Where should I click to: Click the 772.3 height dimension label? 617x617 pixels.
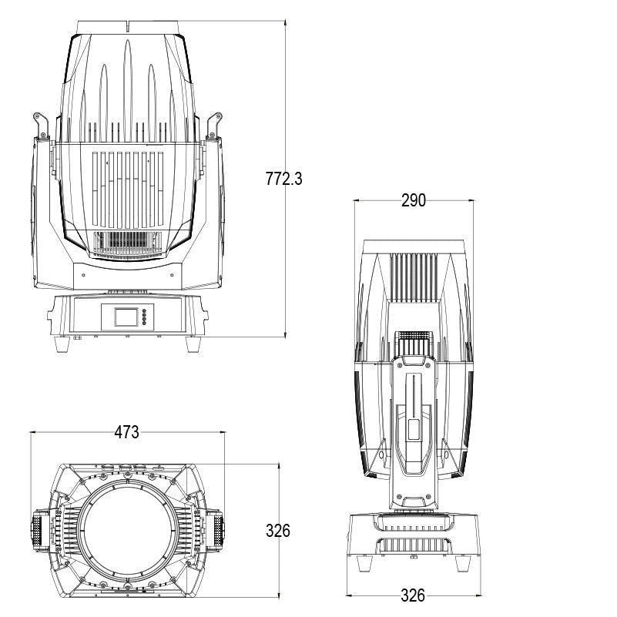[x=284, y=179]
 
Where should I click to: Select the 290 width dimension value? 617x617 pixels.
[x=414, y=200]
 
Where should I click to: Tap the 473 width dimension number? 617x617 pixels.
[x=127, y=432]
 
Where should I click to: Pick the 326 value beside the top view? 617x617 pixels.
[x=278, y=531]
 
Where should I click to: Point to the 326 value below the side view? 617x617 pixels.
[x=414, y=595]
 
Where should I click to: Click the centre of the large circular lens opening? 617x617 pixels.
[x=127, y=531]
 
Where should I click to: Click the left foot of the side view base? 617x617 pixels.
[x=364, y=565]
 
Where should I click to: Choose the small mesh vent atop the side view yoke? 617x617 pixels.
[x=414, y=340]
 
